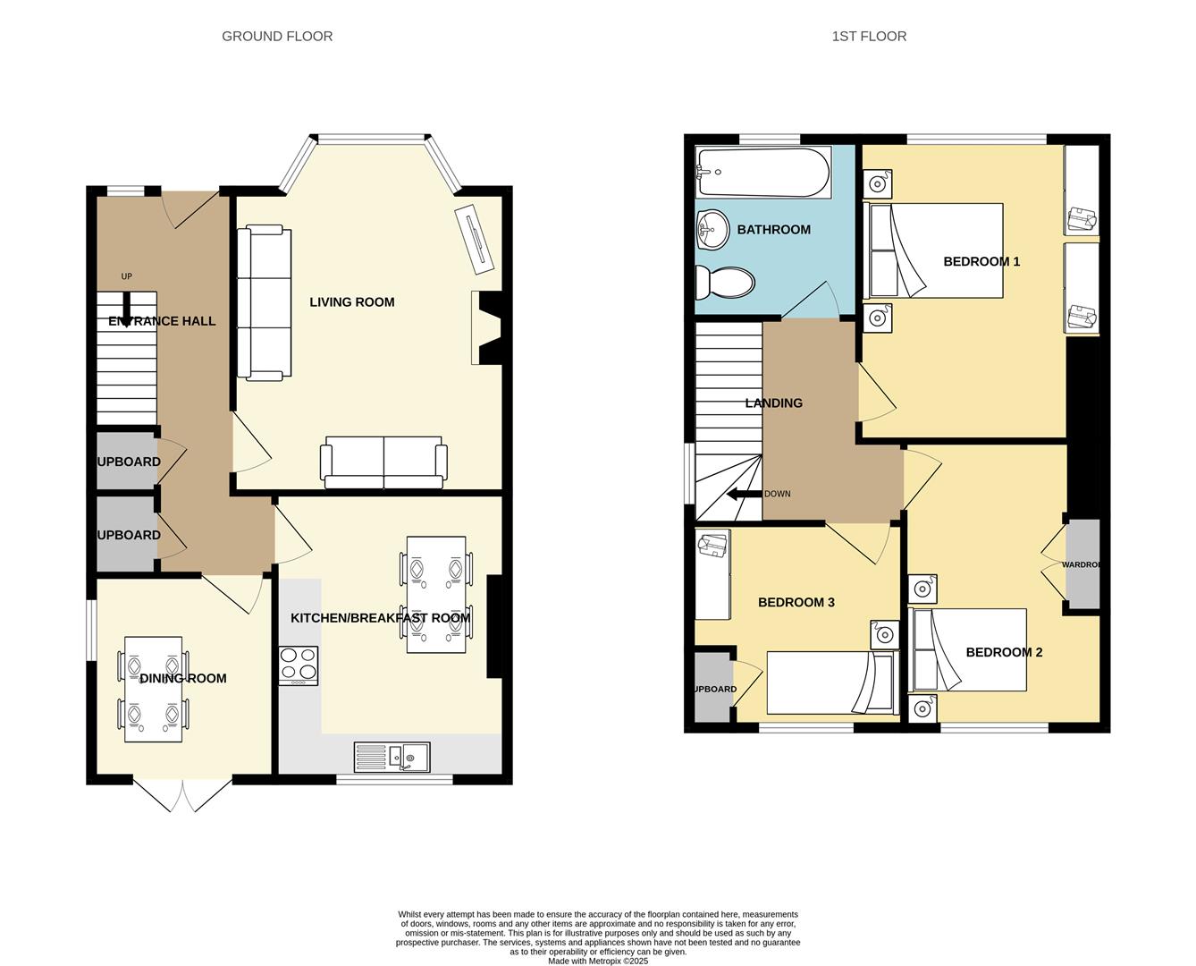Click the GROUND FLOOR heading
(277, 37)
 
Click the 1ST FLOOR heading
(869, 37)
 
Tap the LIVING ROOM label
(351, 302)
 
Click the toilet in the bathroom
(725, 283)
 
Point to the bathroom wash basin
(712, 230)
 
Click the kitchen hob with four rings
(299, 665)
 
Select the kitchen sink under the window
(392, 757)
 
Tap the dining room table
(153, 689)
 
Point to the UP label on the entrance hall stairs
(126, 276)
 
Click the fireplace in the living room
(487, 328)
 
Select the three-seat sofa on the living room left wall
(264, 303)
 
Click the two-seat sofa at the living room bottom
(383, 462)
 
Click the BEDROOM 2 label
(1004, 652)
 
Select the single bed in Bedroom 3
(831, 682)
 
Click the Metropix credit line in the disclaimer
(597, 961)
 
